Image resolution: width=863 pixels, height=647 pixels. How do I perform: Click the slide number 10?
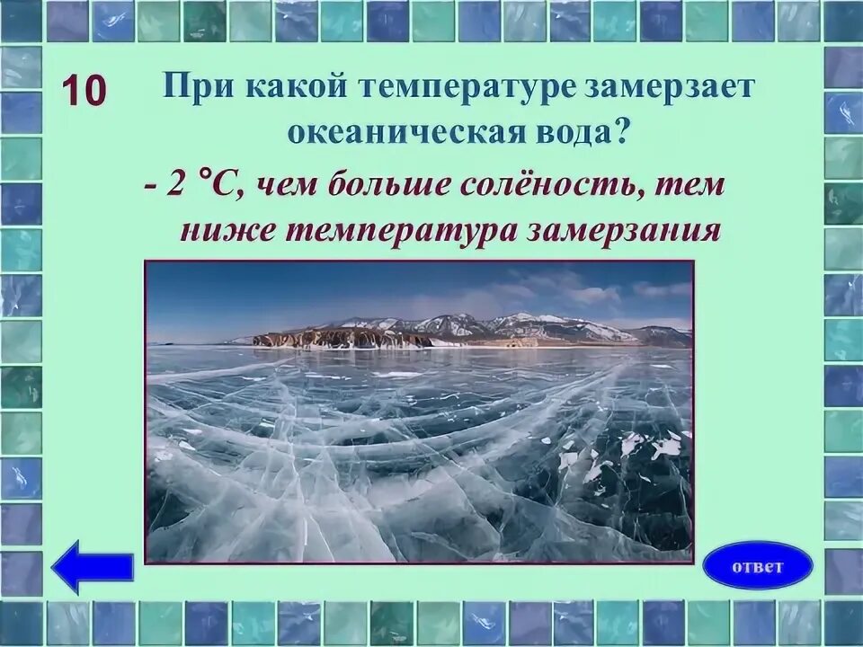coord(85,90)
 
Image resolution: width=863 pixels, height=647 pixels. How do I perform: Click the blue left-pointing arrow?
coord(93,566)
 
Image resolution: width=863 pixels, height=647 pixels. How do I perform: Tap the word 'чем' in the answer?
coord(286,186)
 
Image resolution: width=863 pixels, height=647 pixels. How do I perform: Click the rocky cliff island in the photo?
coord(343,338)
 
